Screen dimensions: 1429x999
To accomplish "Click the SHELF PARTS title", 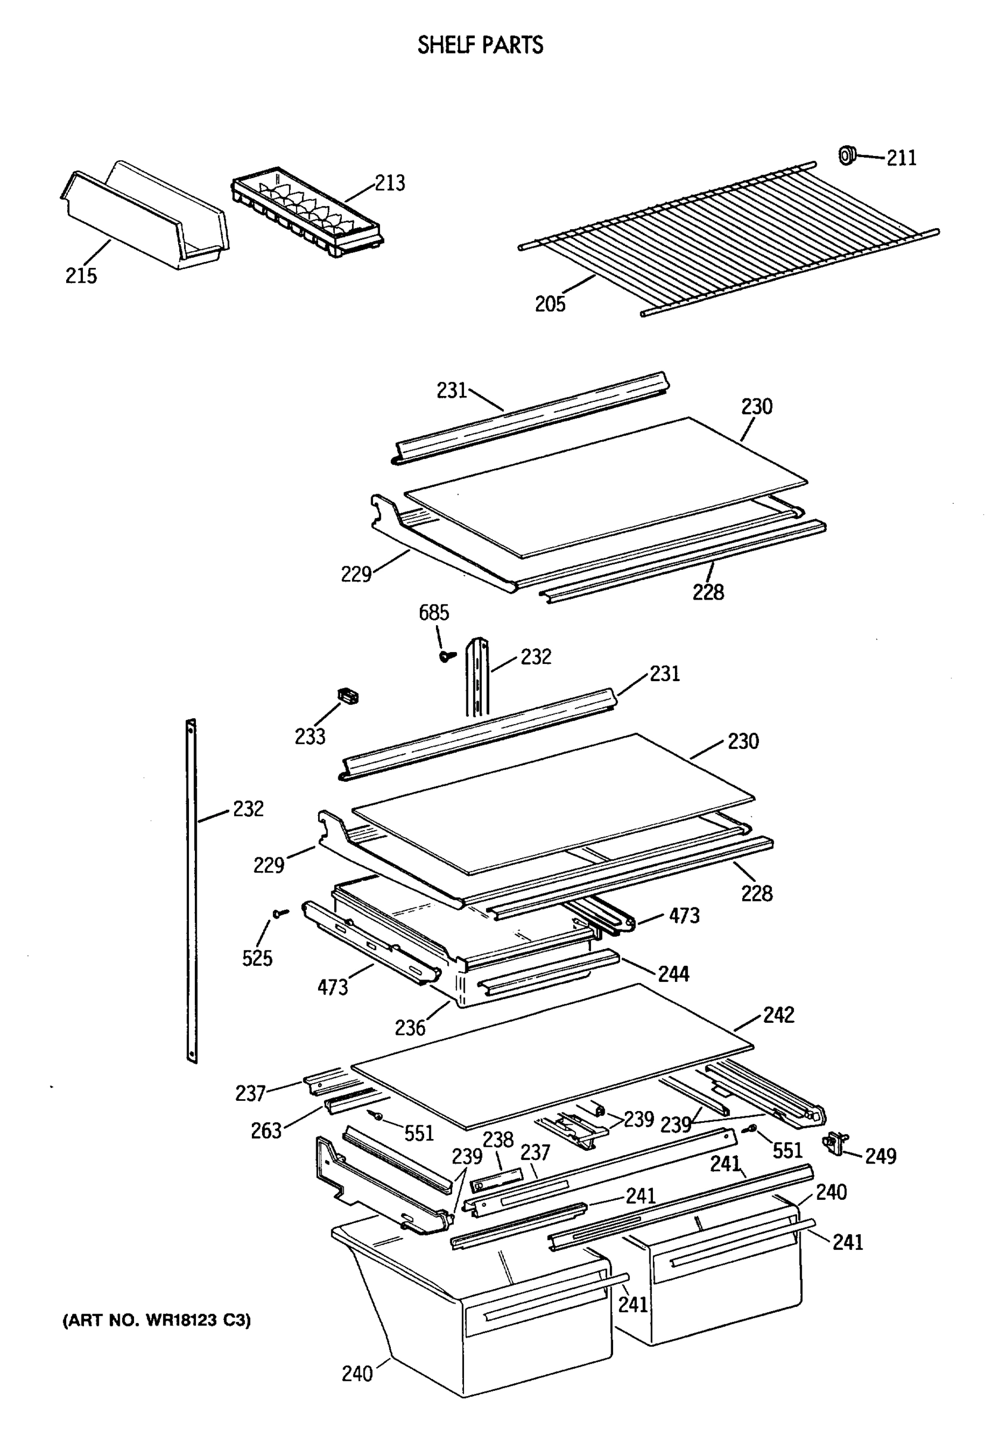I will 480,45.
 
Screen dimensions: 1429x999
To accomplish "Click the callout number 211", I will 901,158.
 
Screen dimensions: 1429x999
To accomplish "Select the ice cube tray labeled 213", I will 307,211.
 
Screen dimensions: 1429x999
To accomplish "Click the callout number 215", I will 81,275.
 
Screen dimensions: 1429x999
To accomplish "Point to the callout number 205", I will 550,304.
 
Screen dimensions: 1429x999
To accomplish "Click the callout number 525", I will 257,958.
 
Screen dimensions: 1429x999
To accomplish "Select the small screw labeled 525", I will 279,913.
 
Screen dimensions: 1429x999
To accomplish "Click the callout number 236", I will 410,1028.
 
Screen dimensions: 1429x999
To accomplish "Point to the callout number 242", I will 779,1015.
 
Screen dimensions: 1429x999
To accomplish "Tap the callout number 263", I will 266,1131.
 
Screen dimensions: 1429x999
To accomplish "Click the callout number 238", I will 498,1140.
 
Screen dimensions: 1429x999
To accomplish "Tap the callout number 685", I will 434,613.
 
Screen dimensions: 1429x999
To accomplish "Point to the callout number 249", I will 880,1156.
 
